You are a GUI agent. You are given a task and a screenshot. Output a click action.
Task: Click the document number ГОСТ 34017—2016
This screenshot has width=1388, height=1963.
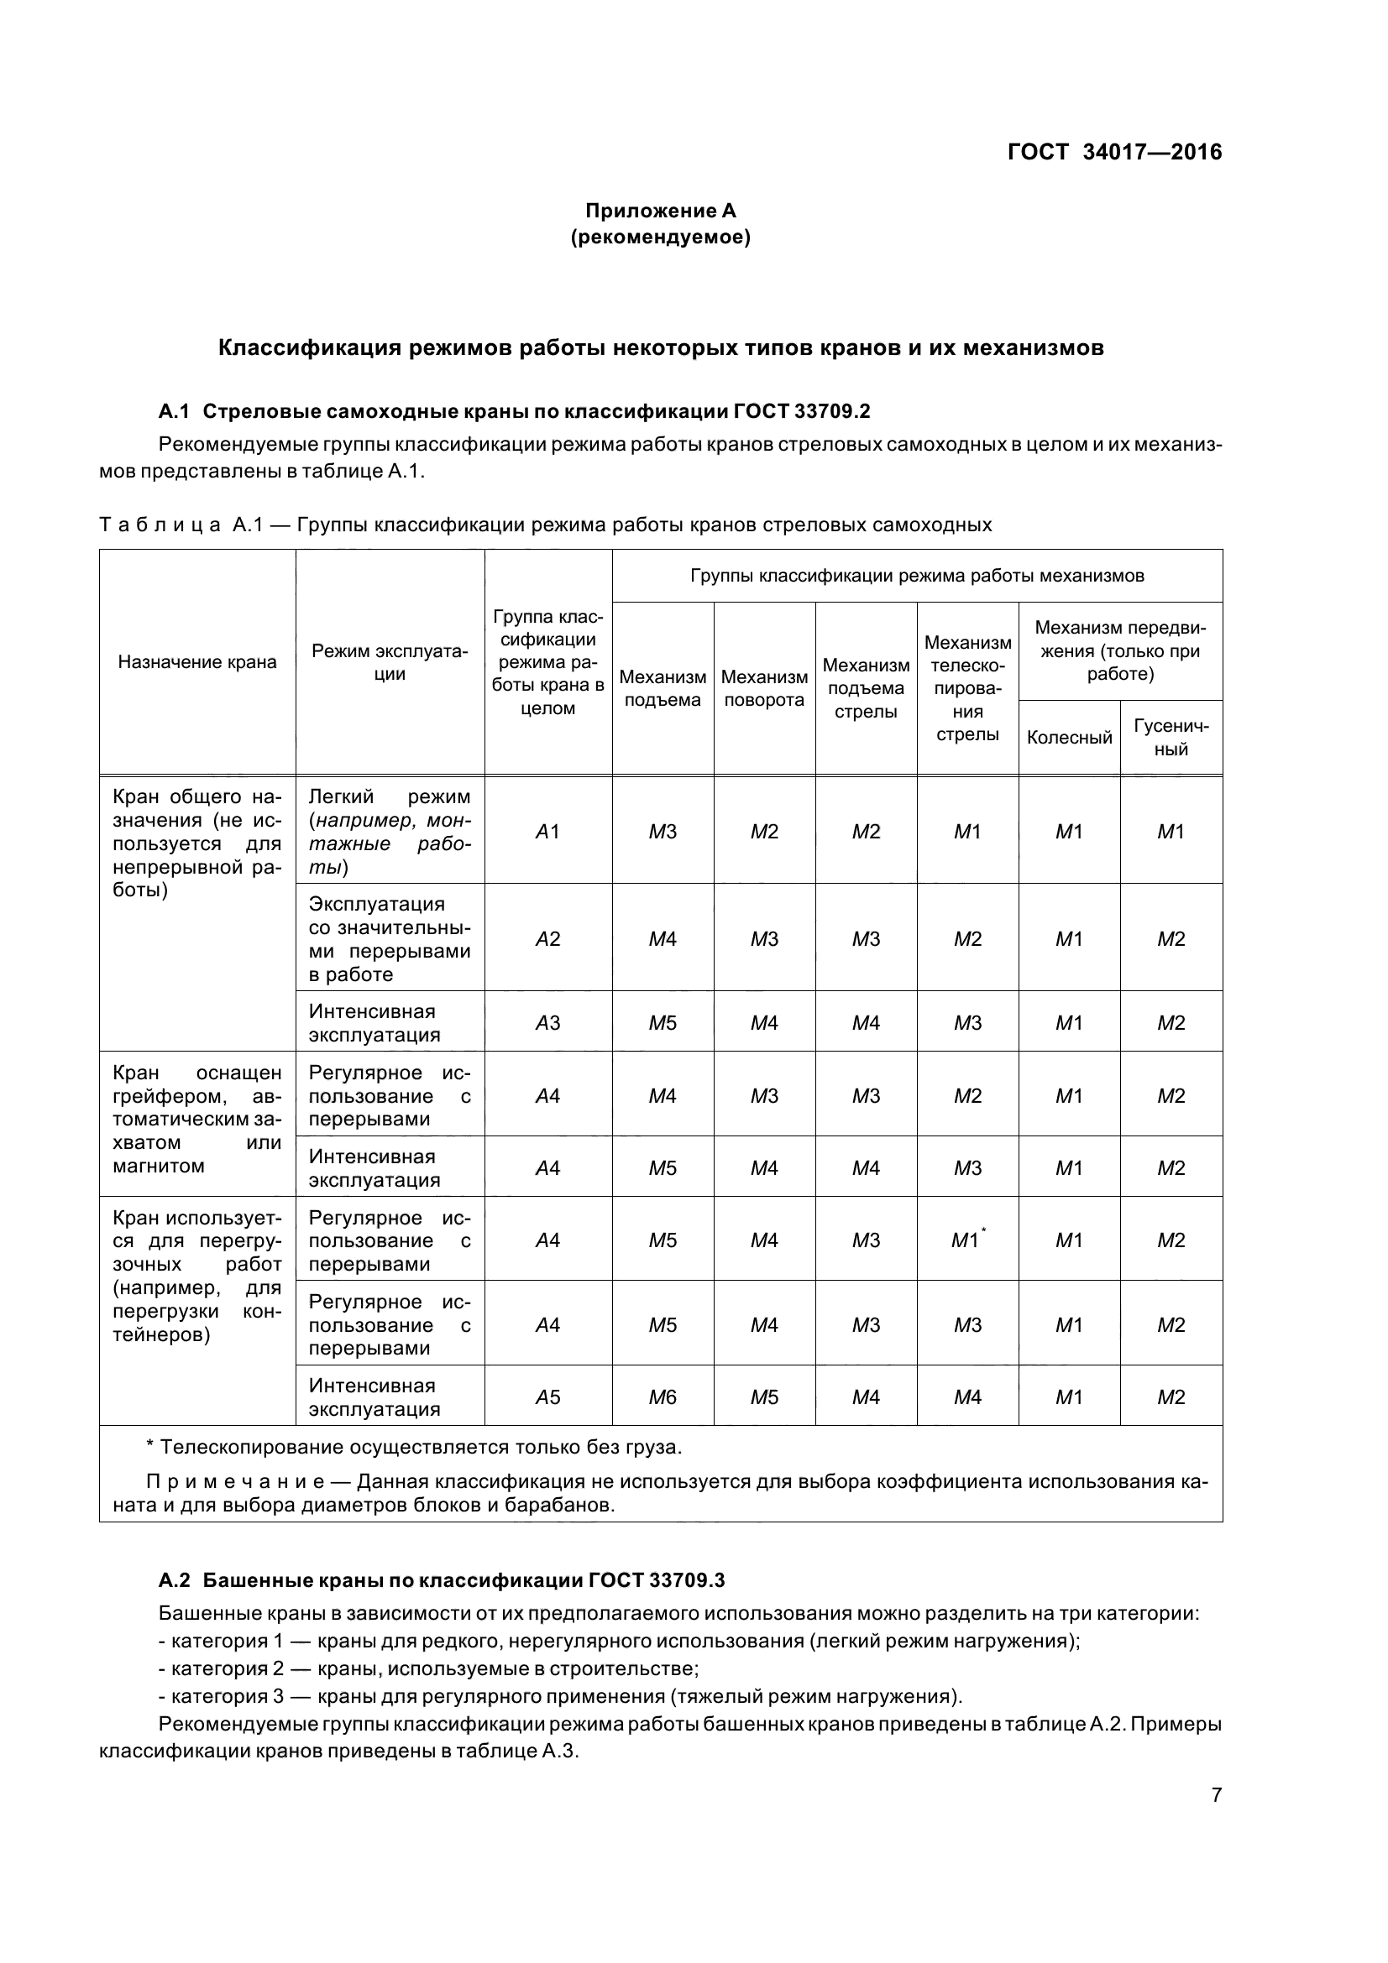1114,152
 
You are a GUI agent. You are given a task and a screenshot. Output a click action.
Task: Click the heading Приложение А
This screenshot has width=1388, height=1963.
660,211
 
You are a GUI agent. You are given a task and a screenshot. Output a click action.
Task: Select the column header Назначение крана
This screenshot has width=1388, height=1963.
197,661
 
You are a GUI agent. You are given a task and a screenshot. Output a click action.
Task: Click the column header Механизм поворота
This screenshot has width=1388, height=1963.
764,688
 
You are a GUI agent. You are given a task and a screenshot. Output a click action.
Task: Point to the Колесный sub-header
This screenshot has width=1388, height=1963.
1069,737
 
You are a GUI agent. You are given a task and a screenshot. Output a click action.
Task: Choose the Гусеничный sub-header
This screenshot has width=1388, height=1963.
1171,737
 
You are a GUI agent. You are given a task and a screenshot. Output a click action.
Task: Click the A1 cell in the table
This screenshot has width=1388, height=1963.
547,831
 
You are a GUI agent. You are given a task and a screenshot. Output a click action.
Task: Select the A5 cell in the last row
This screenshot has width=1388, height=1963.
547,1397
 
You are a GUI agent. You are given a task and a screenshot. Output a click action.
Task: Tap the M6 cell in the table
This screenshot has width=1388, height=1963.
662,1397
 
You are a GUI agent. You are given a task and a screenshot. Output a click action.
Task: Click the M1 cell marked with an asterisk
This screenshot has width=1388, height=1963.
967,1240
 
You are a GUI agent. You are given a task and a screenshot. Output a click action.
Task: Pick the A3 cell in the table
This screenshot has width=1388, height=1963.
547,1022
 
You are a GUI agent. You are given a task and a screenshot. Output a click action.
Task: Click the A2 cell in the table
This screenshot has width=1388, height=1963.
547,939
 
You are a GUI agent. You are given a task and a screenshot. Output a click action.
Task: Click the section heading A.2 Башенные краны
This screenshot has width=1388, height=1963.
442,1580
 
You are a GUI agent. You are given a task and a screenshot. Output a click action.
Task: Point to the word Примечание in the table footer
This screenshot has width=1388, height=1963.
244,1481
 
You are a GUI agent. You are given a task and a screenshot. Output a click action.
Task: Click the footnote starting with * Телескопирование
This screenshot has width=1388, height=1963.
414,1447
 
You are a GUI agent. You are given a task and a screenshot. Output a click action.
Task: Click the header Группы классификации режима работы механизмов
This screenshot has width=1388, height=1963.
917,576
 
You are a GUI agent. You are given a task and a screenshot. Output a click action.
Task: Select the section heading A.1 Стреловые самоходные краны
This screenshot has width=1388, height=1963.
514,411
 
